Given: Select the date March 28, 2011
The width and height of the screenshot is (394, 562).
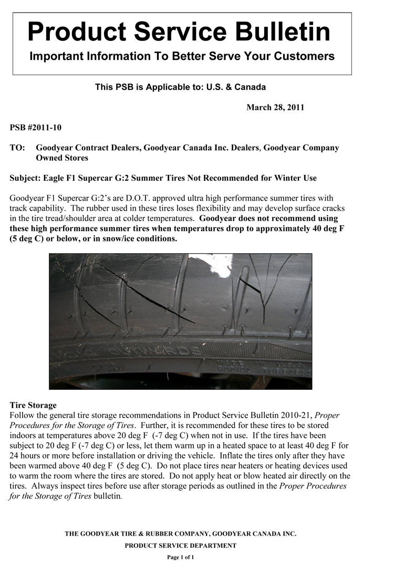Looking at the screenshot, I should tap(275, 108).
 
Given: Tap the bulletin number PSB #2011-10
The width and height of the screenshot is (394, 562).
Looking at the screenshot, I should tap(36, 128).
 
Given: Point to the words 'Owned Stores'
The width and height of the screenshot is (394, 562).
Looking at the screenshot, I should tap(62, 158).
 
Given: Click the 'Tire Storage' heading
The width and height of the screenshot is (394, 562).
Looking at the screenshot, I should tap(33, 405).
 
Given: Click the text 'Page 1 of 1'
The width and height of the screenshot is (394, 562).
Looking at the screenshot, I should tap(180, 557).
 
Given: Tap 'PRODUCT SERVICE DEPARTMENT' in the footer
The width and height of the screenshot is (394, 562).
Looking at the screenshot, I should tap(180, 546).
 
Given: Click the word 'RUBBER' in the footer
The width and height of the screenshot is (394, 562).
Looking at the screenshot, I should tap(161, 534).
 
